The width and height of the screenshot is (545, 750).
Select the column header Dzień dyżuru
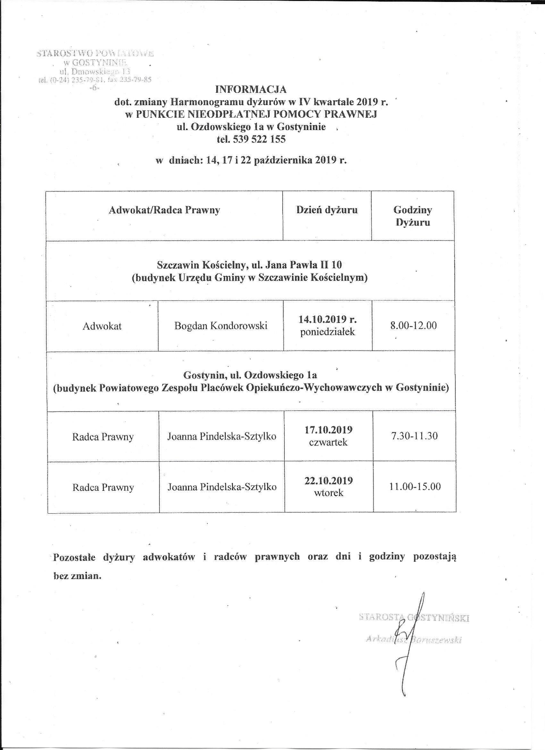pos(327,210)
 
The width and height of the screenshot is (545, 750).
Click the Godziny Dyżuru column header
pos(413,216)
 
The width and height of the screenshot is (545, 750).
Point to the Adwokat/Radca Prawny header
pos(164,210)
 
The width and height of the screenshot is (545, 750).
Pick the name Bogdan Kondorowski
pos(221,326)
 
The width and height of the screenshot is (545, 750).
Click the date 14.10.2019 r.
pos(328,320)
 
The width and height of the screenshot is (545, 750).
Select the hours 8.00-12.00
pos(413,325)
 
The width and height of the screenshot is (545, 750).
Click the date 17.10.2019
pos(329,430)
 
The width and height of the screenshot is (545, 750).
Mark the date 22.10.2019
pos(329,480)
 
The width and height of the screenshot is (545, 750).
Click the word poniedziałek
pos(328,332)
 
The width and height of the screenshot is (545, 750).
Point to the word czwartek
pos(328,442)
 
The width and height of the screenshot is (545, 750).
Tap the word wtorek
pos(329,493)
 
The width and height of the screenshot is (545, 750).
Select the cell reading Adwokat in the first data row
pos(102,326)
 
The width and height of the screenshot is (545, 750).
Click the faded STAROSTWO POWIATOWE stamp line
pos(95,53)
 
